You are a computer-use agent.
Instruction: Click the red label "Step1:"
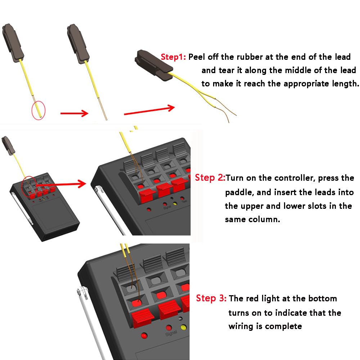pyautogui.click(x=174, y=57)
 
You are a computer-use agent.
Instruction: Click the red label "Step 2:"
pyautogui.click(x=210, y=178)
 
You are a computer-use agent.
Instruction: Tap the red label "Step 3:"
pyautogui.click(x=211, y=298)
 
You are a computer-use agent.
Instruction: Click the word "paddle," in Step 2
pyautogui.click(x=239, y=192)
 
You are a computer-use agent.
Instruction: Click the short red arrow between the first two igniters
pyautogui.click(x=74, y=113)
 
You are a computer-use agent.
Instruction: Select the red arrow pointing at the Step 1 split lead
pyautogui.click(x=149, y=110)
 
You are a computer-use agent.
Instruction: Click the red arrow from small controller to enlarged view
pyautogui.click(x=61, y=184)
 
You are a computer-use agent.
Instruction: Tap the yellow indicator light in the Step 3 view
pyautogui.click(x=184, y=327)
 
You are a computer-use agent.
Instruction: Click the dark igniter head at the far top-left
pyautogui.click(x=13, y=42)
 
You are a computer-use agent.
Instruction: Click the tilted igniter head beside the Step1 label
pyautogui.click(x=153, y=66)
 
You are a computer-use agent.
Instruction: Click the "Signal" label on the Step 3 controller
pyautogui.click(x=171, y=333)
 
